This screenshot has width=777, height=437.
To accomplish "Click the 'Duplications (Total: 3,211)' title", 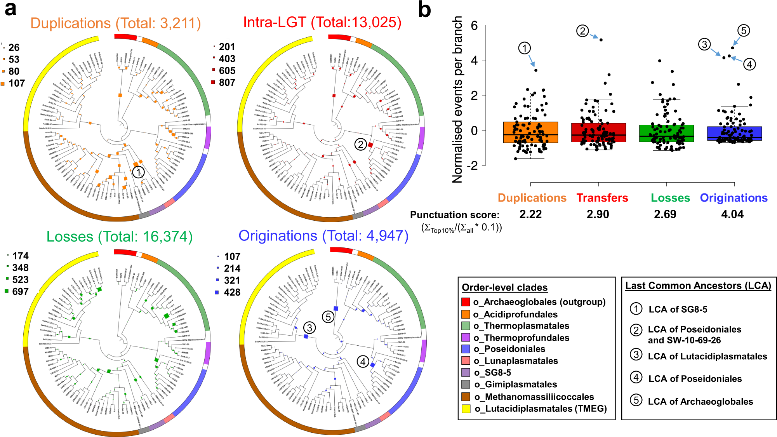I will (115, 23).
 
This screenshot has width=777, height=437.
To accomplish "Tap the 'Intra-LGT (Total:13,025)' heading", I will (322, 22).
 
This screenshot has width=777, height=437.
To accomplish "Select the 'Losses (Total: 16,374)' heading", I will (119, 237).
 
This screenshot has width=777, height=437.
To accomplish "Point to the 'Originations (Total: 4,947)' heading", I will (323, 236).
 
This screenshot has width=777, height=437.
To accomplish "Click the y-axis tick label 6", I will (474, 26).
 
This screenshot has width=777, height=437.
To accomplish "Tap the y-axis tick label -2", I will (472, 165).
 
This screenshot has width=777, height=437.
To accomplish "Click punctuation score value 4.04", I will (732, 214).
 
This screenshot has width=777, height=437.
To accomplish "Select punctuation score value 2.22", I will (530, 214).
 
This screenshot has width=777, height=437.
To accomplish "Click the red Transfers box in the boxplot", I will (598, 132).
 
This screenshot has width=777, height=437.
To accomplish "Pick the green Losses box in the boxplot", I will (666, 133).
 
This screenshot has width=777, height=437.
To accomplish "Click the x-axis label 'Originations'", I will (734, 198).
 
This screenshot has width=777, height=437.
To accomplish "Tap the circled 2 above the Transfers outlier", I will (582, 31).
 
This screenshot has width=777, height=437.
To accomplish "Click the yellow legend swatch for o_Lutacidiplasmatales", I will (466, 409).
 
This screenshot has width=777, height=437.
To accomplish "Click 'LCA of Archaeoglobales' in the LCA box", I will (700, 402).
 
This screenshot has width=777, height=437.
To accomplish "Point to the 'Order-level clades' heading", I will (504, 287).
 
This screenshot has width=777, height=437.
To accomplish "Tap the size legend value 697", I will (20, 291).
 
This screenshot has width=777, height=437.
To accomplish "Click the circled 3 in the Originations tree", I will (309, 328).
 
